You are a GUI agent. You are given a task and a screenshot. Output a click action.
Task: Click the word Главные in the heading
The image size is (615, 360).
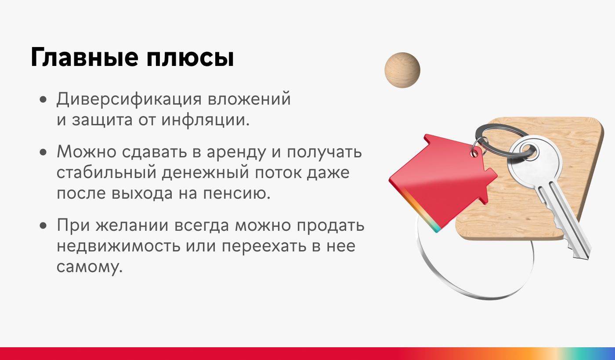click(x=84, y=57)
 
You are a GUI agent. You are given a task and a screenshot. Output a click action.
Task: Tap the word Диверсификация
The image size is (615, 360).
click(x=129, y=99)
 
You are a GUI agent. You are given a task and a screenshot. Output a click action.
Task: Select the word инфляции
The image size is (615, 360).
click(x=206, y=120)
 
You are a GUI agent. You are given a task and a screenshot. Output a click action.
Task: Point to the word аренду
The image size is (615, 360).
click(x=236, y=152)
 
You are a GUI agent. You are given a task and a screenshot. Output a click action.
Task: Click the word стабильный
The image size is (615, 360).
click(x=106, y=173)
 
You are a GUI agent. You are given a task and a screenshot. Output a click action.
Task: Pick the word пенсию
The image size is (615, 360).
click(x=237, y=193)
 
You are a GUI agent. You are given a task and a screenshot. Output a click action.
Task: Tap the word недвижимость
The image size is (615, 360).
click(x=118, y=246)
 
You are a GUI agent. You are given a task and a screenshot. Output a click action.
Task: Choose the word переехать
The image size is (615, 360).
click(x=264, y=246)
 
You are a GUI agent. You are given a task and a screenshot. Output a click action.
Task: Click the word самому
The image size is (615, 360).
click(x=90, y=266)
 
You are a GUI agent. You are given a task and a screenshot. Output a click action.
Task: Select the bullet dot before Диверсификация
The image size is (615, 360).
click(x=43, y=99)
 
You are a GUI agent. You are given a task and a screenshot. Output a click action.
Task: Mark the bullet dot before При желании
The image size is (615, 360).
click(x=43, y=225)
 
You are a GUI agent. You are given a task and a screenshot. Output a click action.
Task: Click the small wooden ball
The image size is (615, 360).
click(x=402, y=70)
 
